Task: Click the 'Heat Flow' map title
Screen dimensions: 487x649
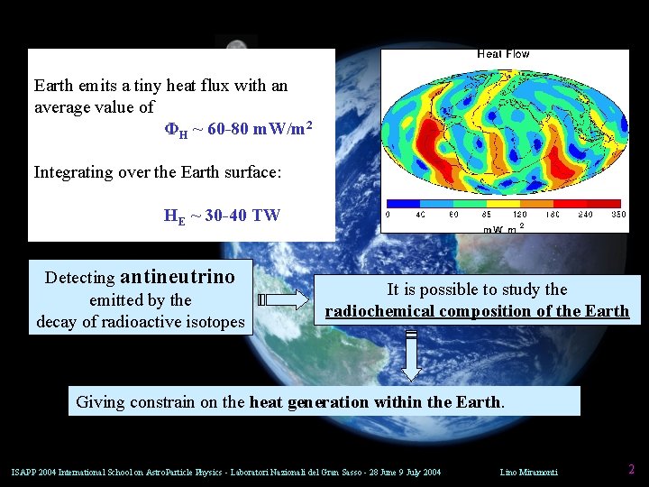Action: coord(503,54)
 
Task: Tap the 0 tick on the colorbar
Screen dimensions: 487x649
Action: coord(388,215)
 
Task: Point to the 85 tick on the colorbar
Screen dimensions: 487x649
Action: coord(488,215)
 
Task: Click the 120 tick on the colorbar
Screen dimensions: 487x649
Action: coord(520,215)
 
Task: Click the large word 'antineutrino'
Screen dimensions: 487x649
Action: coord(177,277)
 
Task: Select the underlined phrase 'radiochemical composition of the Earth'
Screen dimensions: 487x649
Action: coord(477,311)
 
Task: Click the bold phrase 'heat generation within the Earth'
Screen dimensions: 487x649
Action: coord(374,401)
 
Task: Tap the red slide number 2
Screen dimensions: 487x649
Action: coord(631,469)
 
